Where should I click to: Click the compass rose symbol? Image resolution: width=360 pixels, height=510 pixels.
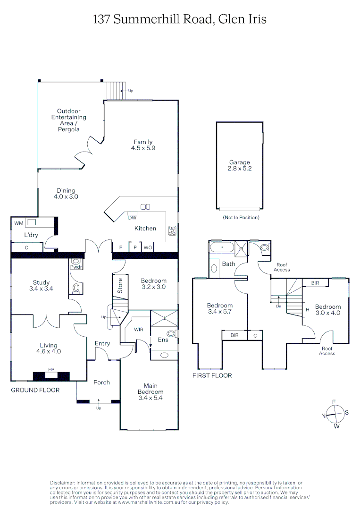(x=335, y=414)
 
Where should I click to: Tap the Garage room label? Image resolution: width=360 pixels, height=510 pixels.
(x=240, y=165)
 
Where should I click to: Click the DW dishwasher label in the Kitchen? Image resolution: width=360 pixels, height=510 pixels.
(x=132, y=217)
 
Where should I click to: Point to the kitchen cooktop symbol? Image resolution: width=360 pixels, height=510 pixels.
(x=172, y=231)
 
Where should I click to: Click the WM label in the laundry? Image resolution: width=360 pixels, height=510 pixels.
(x=18, y=222)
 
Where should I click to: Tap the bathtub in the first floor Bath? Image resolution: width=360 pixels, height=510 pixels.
(x=222, y=247)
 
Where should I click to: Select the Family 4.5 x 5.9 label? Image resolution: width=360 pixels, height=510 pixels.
(x=143, y=145)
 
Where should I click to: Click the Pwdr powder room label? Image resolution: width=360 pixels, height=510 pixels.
(x=75, y=266)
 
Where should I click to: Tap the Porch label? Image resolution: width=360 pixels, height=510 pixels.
(x=101, y=382)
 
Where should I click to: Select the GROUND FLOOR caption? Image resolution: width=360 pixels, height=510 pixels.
(x=35, y=390)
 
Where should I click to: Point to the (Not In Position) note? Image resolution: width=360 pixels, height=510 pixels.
(x=240, y=218)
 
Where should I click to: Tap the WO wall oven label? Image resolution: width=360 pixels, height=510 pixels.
(x=147, y=247)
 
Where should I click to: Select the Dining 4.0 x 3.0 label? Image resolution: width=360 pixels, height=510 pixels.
(x=64, y=194)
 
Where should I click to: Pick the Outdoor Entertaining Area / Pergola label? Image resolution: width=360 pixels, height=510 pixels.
(x=69, y=120)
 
